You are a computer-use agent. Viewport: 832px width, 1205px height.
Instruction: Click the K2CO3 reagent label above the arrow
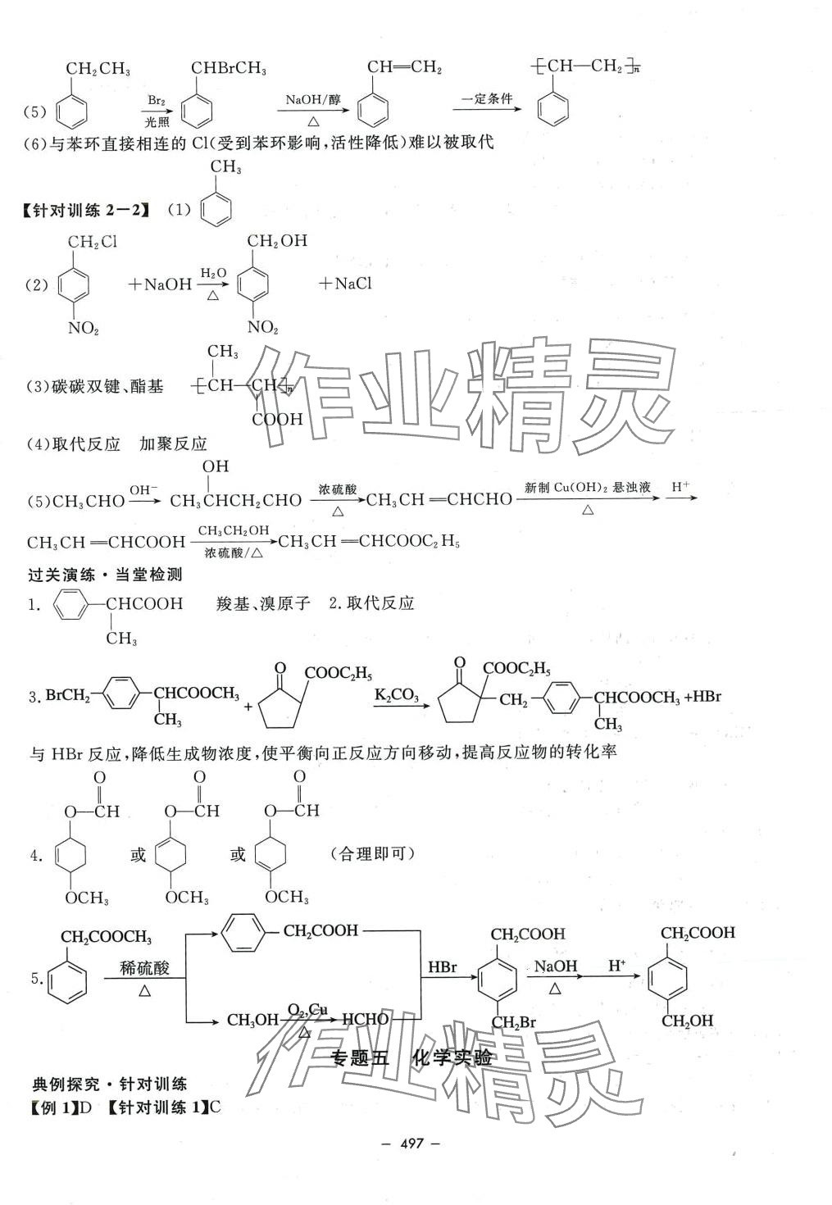(397, 697)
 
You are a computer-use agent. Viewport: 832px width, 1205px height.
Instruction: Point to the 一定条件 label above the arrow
(487, 99)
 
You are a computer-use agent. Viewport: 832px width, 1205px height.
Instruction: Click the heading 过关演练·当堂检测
(105, 575)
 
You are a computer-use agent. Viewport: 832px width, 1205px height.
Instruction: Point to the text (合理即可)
(374, 854)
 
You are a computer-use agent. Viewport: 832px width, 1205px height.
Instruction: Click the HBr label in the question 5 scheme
(443, 968)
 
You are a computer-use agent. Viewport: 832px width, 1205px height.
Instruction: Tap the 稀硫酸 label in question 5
(144, 968)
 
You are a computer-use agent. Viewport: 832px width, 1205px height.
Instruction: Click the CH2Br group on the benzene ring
(513, 1022)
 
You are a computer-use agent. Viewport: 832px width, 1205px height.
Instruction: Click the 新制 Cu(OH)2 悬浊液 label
(587, 488)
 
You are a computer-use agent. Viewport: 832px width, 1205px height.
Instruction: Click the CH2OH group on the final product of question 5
(689, 1021)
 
